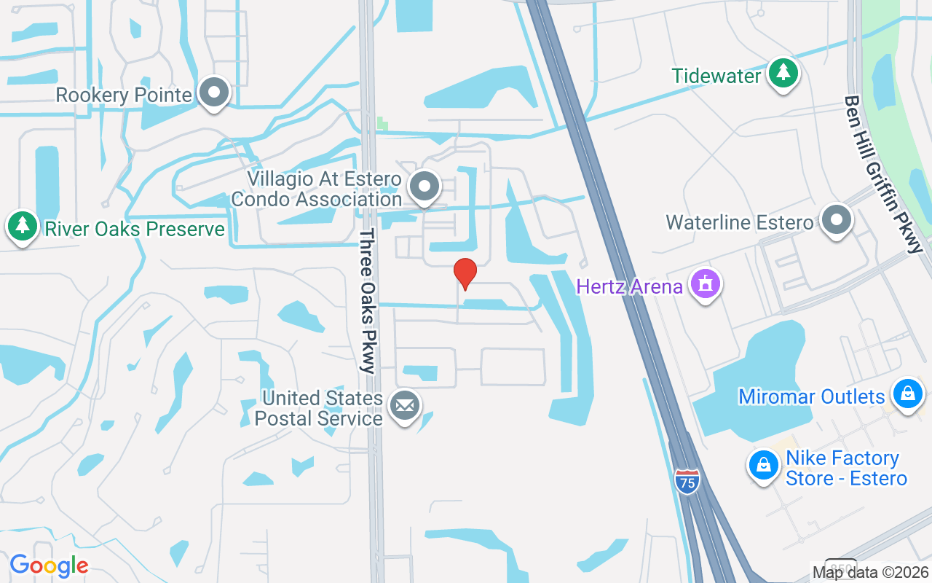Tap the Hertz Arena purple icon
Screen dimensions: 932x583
705,284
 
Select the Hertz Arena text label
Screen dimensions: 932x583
629,286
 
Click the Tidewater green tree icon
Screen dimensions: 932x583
783,73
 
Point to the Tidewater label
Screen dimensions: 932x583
716,76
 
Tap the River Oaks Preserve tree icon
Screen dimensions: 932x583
22,227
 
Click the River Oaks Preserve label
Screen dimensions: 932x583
135,230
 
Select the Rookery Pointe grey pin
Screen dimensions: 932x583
214,93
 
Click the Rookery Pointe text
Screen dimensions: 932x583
124,95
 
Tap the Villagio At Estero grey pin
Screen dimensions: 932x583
424,187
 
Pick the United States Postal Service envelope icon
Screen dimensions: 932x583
404,405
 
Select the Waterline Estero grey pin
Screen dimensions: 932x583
837,219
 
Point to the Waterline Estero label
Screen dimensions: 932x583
739,222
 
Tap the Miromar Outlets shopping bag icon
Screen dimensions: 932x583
907,394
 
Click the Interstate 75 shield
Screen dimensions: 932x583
687,481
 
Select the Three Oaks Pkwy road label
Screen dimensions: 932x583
367,301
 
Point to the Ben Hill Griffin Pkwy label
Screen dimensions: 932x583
883,175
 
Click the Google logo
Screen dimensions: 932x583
49,566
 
